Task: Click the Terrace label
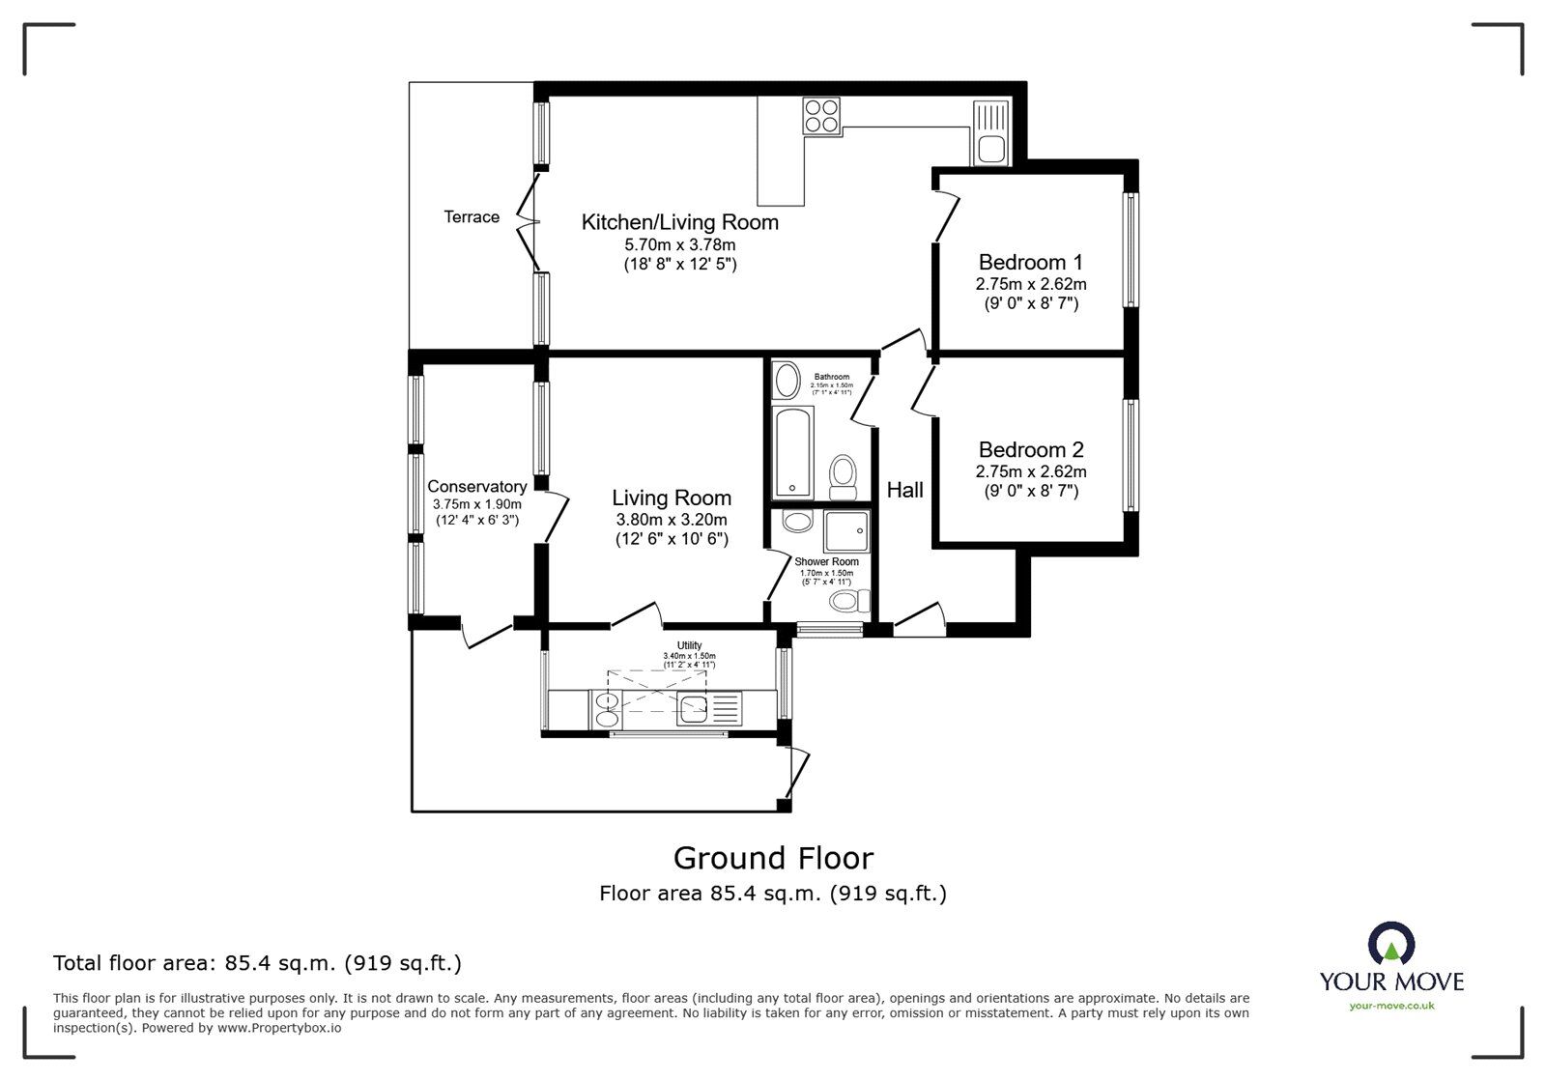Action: coord(472,217)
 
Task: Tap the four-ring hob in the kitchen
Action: coord(821,116)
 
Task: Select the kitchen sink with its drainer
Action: coord(990,133)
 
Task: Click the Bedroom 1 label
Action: coord(1030,262)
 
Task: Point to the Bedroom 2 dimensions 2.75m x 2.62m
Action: coord(1030,472)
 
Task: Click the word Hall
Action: coord(905,490)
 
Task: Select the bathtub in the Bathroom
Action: coord(792,451)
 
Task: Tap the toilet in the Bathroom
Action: coord(844,476)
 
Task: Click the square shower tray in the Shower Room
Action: coord(846,530)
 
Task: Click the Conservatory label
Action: coord(477,487)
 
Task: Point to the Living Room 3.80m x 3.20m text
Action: coord(672,520)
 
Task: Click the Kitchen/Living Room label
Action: coord(679,222)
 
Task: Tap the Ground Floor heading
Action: coord(773,858)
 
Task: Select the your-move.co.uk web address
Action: coord(1391,1007)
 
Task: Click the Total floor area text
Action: coord(257,963)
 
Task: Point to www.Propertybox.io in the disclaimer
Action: coord(278,1028)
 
